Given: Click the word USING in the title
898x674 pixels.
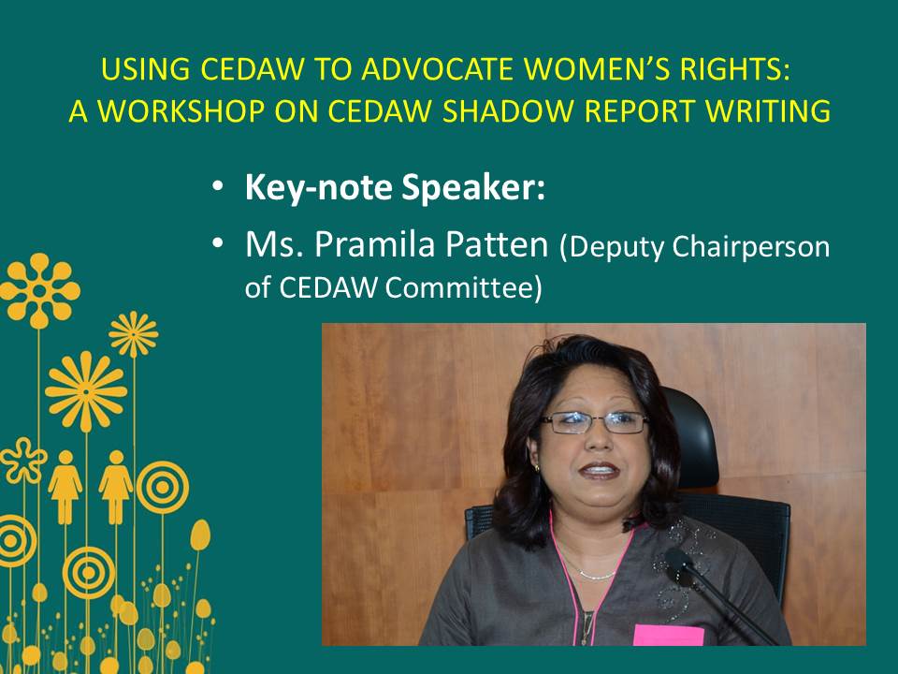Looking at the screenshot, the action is click(x=146, y=69).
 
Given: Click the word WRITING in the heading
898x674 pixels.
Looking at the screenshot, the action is click(x=768, y=111).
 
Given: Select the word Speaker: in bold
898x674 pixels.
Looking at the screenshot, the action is click(x=473, y=187).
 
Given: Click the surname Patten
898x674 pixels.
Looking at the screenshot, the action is click(x=497, y=244).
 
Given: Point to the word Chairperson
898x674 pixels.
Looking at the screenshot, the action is click(x=751, y=247).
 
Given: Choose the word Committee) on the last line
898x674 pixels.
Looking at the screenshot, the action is click(x=463, y=287).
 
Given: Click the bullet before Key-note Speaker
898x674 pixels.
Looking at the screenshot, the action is click(x=217, y=187).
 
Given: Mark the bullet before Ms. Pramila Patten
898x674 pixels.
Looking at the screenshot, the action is click(x=217, y=243).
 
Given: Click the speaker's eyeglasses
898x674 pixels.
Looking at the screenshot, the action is click(x=595, y=422).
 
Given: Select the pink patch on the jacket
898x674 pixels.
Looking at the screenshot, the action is click(x=668, y=635).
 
